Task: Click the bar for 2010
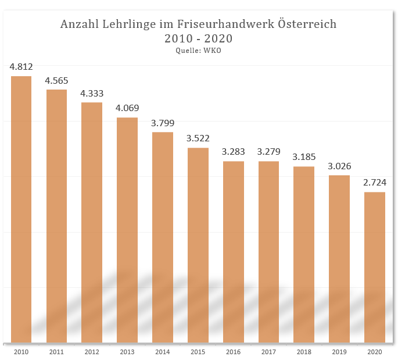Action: click(21, 209)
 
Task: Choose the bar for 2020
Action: click(375, 267)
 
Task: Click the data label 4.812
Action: click(21, 67)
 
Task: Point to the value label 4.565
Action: click(57, 80)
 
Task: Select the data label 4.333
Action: click(92, 93)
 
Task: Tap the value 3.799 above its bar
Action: click(163, 123)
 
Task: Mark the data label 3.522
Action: click(198, 138)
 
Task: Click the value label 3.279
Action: click(268, 152)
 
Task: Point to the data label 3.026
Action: click(339, 166)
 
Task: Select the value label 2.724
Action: click(375, 183)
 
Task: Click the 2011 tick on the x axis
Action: click(57, 352)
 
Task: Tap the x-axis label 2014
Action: click(163, 352)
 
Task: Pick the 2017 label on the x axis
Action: click(268, 352)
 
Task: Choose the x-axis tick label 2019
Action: click(339, 352)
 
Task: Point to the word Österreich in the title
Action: click(306, 24)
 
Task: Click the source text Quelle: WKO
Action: click(199, 51)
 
